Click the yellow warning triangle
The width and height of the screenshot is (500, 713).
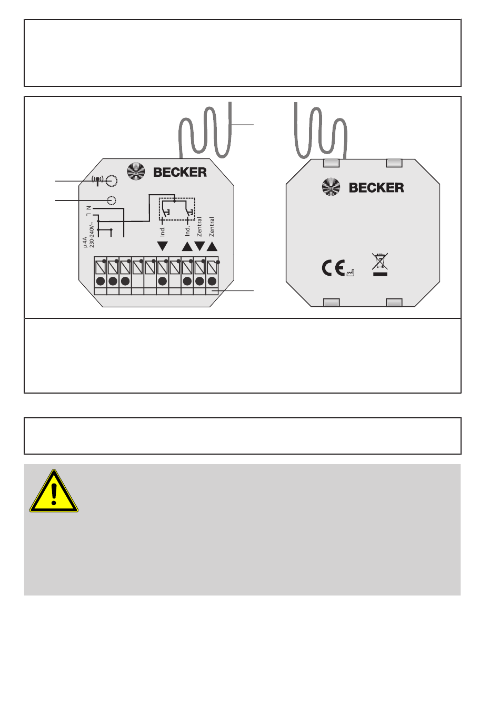click(54, 493)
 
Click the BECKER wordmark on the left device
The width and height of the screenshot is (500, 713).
click(180, 172)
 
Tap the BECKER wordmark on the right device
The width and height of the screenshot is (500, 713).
click(376, 187)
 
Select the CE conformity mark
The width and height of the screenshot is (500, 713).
click(333, 268)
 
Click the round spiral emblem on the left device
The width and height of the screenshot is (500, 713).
click(136, 172)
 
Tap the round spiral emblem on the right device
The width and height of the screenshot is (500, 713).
click(332, 187)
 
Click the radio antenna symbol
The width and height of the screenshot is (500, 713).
click(97, 180)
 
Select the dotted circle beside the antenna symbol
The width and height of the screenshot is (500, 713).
click(111, 182)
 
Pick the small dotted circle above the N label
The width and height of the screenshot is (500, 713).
click(111, 200)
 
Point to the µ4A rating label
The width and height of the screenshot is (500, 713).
click(85, 242)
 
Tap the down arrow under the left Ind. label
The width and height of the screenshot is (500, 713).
click(163, 246)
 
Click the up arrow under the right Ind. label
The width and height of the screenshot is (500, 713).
click(187, 246)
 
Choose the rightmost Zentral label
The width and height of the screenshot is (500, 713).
click(212, 227)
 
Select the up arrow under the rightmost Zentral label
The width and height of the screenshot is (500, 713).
click(212, 246)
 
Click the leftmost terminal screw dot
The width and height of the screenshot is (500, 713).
click(101, 281)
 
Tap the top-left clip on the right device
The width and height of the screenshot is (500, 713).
click(331, 163)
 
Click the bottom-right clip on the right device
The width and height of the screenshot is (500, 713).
click(394, 303)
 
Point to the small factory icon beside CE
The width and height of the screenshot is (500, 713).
click(351, 273)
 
